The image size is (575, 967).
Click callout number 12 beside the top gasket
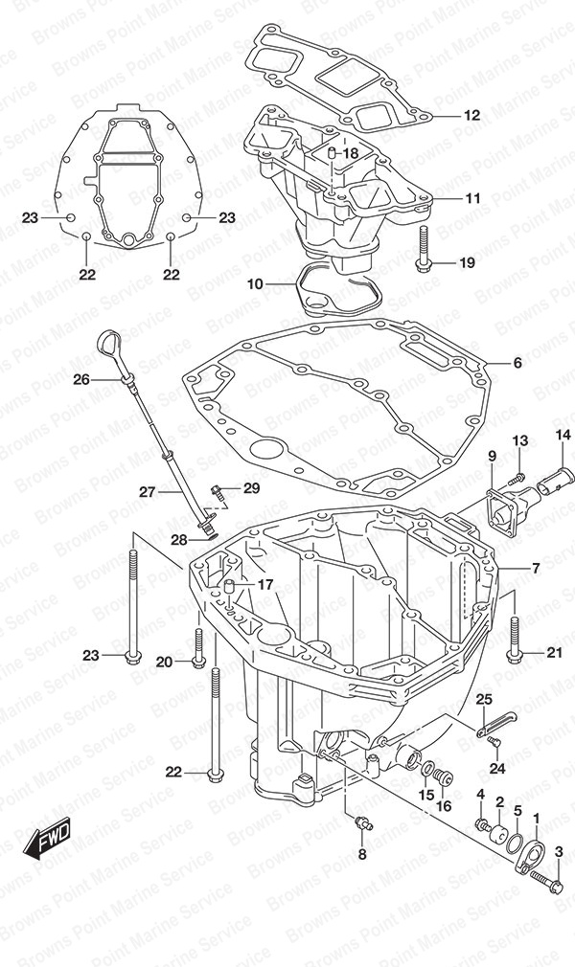[471, 116]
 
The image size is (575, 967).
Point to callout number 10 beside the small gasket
[254, 284]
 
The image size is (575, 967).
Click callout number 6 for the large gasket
[517, 363]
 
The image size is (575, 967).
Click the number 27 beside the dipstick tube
[147, 492]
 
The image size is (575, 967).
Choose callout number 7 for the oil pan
[535, 569]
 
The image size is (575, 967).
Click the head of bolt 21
[515, 654]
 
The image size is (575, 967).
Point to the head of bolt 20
[197, 661]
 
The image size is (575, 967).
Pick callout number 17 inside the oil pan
[264, 584]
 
